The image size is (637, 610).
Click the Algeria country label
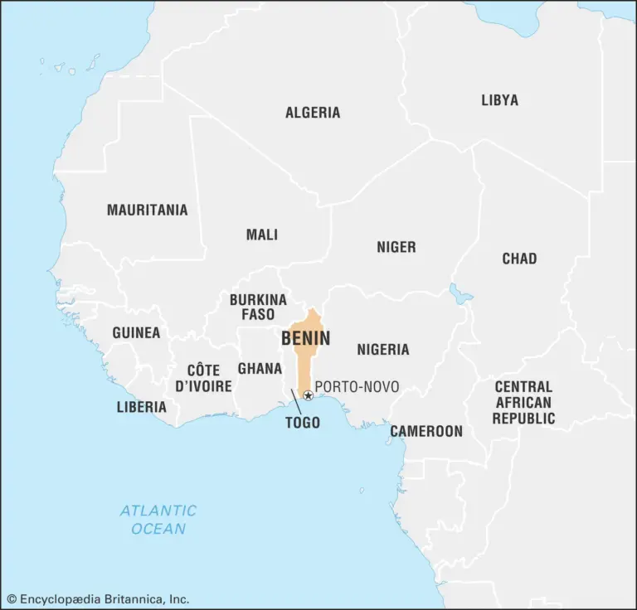pos(313,113)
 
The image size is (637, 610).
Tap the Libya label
pos(499,100)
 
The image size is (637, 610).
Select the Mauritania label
pos(147,210)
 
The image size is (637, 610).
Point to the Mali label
pos(262,235)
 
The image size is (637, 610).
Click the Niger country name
pos(396,247)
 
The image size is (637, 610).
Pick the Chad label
pos(519,259)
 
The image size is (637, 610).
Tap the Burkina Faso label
pos(258,307)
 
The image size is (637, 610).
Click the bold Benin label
pos(305,338)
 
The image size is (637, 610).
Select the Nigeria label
pos(383,349)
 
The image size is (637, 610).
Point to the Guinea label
pos(136,332)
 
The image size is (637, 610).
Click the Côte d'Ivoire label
pos(203,378)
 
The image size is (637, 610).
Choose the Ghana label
pos(260,368)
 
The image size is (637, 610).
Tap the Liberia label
pos(141,407)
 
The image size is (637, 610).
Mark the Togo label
pos(303,422)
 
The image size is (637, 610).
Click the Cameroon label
pos(426,431)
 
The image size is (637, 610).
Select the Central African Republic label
pos(523,402)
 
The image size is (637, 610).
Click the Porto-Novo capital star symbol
pos(308,395)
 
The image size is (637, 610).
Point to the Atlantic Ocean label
pos(158,519)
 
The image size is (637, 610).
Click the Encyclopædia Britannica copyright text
pos(98,598)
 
